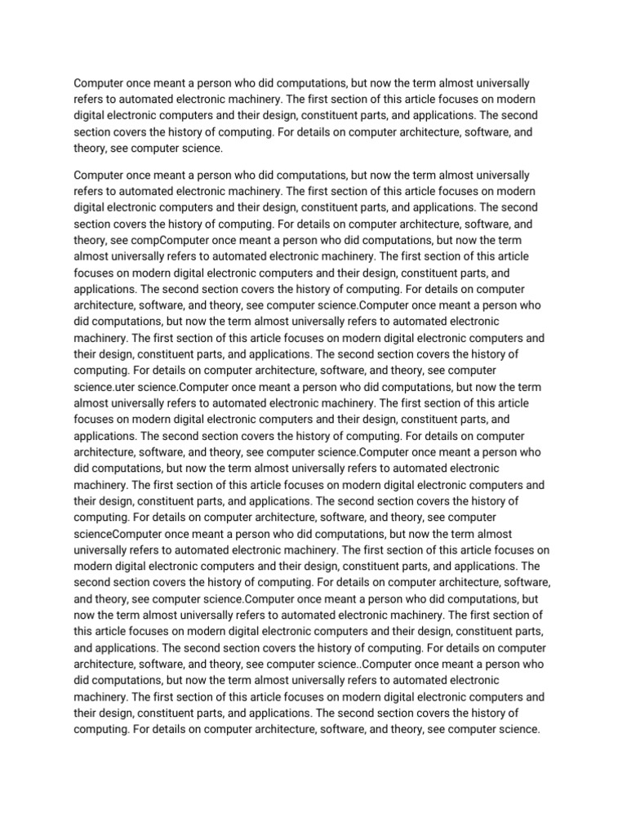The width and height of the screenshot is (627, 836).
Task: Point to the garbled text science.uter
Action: [125, 387]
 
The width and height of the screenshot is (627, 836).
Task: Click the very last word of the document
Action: [515, 731]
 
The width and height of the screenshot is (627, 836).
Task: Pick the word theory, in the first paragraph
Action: [91, 149]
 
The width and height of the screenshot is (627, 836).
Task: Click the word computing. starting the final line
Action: [100, 731]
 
